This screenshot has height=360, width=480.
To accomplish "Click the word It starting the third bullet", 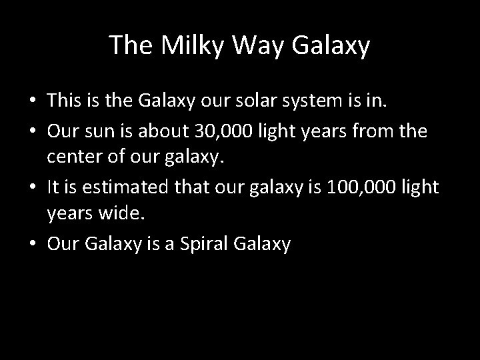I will click(x=54, y=187).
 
